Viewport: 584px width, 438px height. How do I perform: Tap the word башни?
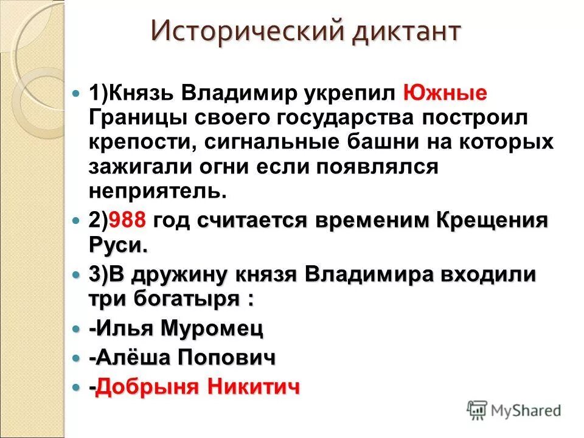tap(388, 142)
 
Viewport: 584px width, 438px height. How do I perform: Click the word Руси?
tap(117, 245)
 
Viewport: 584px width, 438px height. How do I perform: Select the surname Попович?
tap(226, 358)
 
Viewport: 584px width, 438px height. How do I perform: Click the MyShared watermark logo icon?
tap(477, 410)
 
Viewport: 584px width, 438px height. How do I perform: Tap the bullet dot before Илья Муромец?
tap(76, 329)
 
